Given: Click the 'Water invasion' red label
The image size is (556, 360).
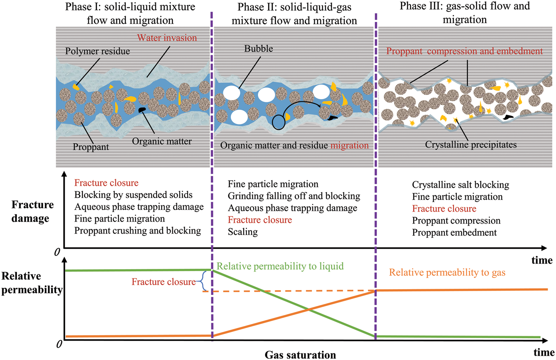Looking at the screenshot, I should tap(167, 38).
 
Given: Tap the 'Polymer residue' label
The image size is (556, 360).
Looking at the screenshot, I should tap(97, 51).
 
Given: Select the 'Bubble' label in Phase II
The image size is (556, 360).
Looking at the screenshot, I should tap(258, 49).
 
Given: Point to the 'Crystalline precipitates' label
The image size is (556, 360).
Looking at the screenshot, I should tap(471, 145).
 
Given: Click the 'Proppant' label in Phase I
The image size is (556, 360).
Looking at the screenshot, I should tap(91, 147).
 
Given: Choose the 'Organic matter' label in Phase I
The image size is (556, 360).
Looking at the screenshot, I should tap(162, 141).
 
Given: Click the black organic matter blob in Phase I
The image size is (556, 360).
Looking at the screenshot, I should tap(142, 110).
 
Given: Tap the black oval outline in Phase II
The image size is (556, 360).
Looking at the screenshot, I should tap(279, 123).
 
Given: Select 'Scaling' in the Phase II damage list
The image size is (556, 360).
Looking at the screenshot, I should tap(243, 232).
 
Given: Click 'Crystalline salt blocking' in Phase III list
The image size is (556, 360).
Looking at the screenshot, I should tap(460, 185).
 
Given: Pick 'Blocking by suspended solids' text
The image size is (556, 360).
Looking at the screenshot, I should tap(133, 195).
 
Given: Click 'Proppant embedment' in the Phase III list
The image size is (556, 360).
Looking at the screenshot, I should tap(454, 232).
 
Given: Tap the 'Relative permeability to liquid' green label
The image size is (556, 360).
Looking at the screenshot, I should tap(280, 266).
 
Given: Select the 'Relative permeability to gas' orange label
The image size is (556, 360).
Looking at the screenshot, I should tap(447, 272).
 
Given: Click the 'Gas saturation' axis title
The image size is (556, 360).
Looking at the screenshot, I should tap(300, 355).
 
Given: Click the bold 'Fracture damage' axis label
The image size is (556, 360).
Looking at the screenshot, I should tap(32, 211).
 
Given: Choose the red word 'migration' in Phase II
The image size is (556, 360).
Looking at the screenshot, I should tap(349, 146).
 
